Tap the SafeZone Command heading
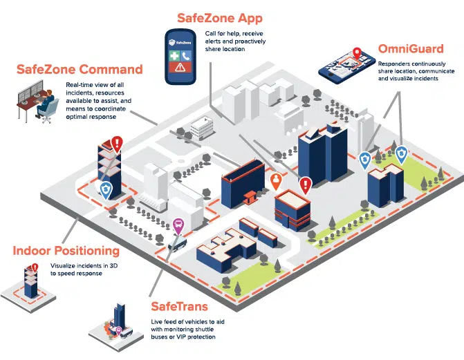point(80,70)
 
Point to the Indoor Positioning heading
point(66,251)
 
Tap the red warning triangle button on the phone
point(181,68)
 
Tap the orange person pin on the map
point(276,182)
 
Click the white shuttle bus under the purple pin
point(177,243)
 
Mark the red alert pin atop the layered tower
point(118,144)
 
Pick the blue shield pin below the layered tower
point(105,190)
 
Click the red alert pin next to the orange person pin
point(305,184)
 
